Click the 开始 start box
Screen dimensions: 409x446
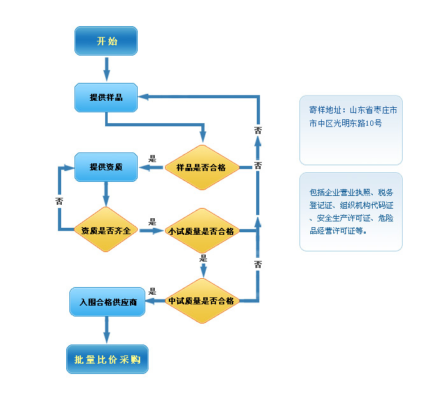106,41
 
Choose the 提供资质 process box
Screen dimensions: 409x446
106,168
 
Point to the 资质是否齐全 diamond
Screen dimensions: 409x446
106,230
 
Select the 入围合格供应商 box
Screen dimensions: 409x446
108,301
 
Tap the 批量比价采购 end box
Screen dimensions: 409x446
107,359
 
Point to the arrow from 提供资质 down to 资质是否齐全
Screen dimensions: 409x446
106,193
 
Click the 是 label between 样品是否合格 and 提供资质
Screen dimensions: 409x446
152,158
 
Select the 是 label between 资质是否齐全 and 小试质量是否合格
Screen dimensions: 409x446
152,221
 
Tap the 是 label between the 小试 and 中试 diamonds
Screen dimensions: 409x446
204,258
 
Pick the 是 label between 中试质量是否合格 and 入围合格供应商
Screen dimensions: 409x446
152,291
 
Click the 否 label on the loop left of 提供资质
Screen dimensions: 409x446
59,200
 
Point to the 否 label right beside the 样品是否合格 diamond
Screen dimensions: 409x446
257,166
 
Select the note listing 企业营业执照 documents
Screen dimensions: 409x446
350,211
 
